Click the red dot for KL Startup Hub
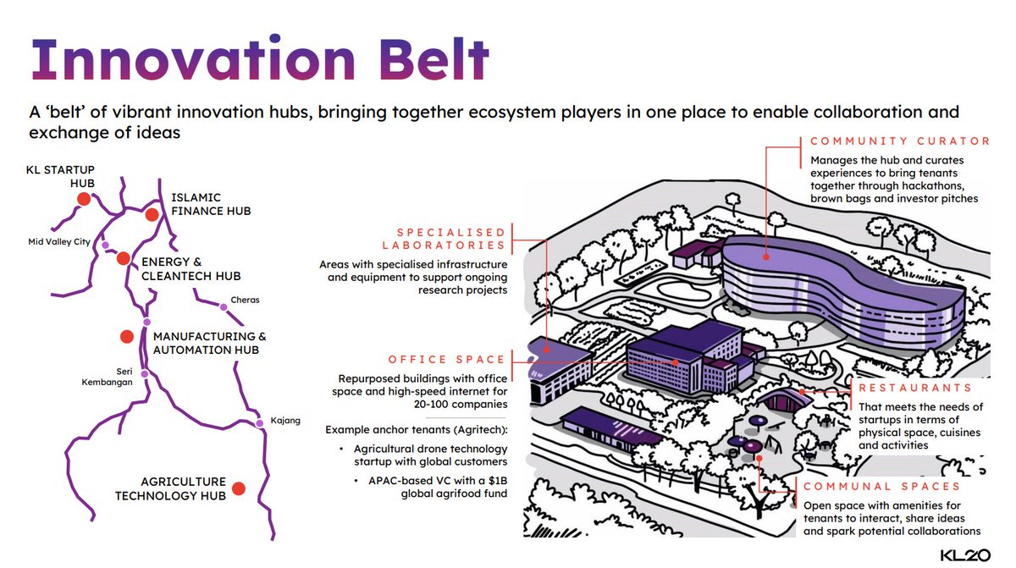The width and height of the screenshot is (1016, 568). pyautogui.click(x=83, y=199)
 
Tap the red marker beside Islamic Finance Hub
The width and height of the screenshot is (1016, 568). pyautogui.click(x=152, y=214)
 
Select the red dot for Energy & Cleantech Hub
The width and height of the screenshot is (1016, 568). pyautogui.click(x=123, y=258)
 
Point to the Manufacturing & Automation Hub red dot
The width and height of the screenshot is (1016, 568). pyautogui.click(x=126, y=336)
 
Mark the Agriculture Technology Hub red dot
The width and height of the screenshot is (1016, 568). pyautogui.click(x=239, y=488)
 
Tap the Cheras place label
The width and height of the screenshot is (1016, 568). pyautogui.click(x=245, y=300)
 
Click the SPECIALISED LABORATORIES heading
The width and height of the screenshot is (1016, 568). pyautogui.click(x=450, y=239)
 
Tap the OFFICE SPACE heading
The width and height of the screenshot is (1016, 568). pyautogui.click(x=447, y=360)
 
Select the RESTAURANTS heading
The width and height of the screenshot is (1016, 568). pyautogui.click(x=915, y=388)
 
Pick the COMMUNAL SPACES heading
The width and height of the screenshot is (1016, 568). pyautogui.click(x=882, y=487)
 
